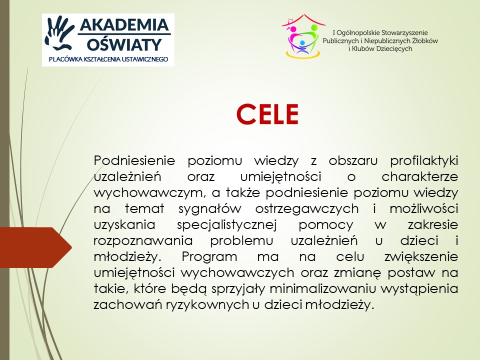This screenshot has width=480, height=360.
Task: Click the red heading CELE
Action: click(x=267, y=114)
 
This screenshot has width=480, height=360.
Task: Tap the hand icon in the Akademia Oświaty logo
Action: click(x=59, y=33)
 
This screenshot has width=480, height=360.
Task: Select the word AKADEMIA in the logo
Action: click(x=124, y=24)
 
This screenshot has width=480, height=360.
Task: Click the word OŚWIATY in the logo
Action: click(x=124, y=44)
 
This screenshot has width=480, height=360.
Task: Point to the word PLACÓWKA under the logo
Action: click(x=64, y=59)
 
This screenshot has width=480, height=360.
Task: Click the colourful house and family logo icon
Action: click(x=303, y=36)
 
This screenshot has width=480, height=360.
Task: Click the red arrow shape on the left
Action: click(x=35, y=247)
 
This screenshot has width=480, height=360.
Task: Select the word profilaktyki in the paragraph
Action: click(x=424, y=161)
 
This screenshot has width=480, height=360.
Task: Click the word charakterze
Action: click(x=419, y=176)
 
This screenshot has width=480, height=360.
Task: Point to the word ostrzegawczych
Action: click(x=306, y=209)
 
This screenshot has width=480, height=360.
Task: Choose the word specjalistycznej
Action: click(x=227, y=225)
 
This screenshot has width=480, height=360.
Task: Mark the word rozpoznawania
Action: click(x=143, y=241)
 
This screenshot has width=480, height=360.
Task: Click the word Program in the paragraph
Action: click(x=209, y=257)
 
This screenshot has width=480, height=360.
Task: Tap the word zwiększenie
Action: click(x=421, y=257)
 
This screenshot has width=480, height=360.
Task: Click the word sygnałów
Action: click(x=210, y=209)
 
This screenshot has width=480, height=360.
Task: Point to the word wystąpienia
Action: click(x=420, y=288)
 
